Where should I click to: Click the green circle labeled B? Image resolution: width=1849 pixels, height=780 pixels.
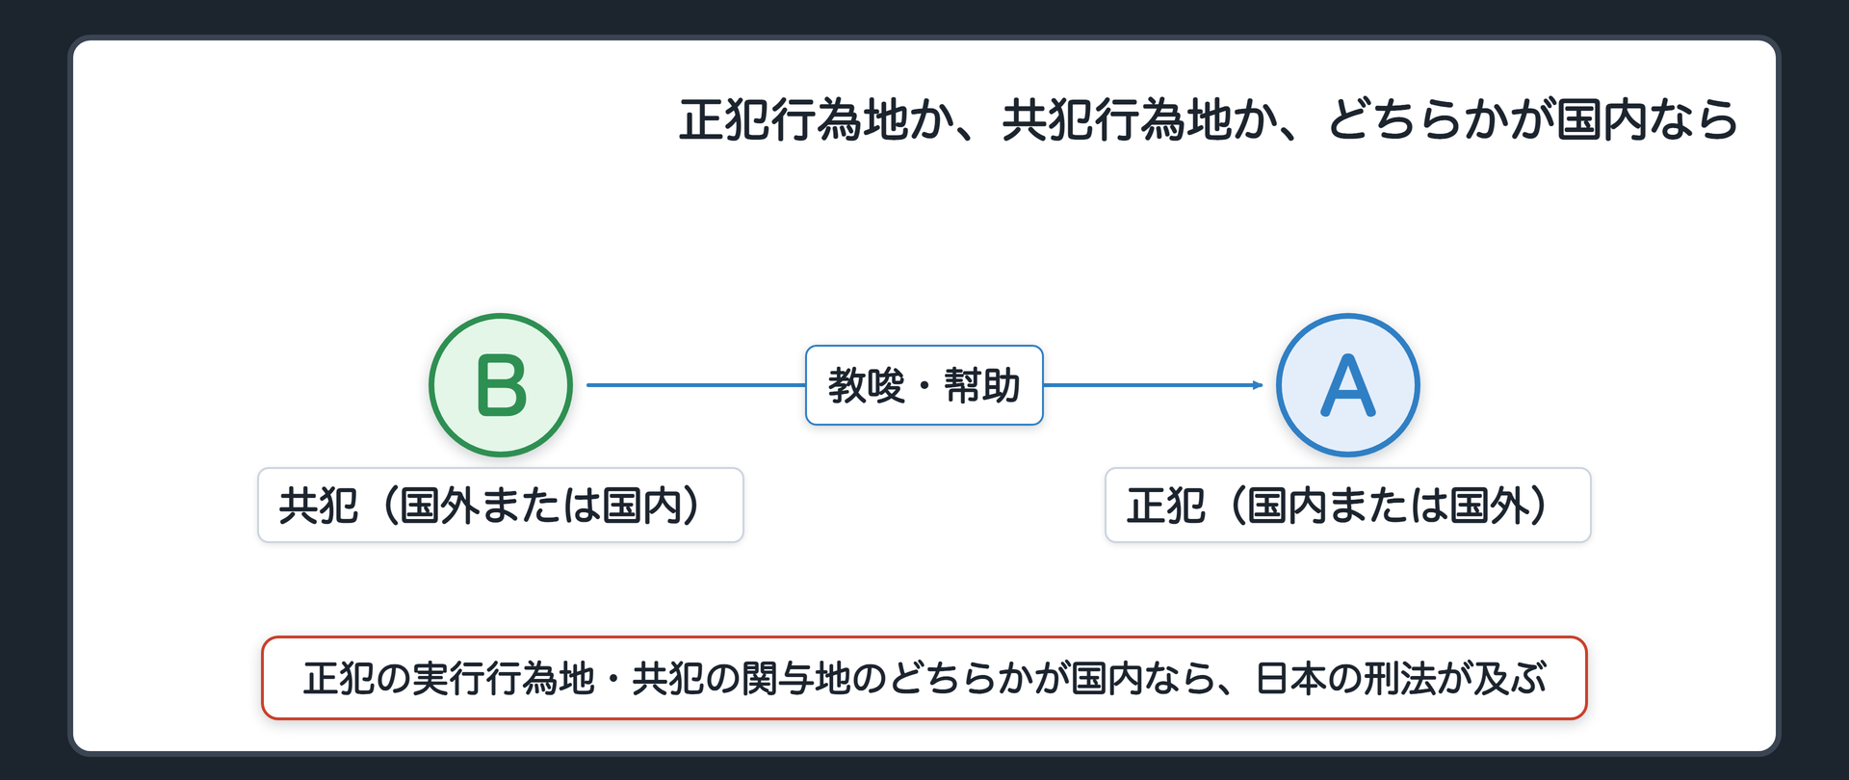click(501, 385)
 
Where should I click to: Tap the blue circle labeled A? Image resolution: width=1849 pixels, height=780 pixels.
click(1348, 385)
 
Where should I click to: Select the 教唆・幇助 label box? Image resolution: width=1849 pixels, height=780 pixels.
click(924, 385)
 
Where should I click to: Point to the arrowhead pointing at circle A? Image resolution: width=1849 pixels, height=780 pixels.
click(1258, 385)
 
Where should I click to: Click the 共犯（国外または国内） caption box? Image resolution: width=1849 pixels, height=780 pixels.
click(501, 506)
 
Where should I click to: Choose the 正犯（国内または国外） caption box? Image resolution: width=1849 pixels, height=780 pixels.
click(1348, 506)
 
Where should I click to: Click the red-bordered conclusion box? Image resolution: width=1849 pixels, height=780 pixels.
click(924, 678)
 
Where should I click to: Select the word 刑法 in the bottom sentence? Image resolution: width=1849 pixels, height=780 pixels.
click(1401, 679)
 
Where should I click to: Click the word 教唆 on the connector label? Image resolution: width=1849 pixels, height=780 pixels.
click(867, 386)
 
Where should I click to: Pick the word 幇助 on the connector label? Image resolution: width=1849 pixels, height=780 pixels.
click(982, 386)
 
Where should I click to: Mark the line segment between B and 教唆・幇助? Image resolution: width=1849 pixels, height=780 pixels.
click(696, 385)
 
